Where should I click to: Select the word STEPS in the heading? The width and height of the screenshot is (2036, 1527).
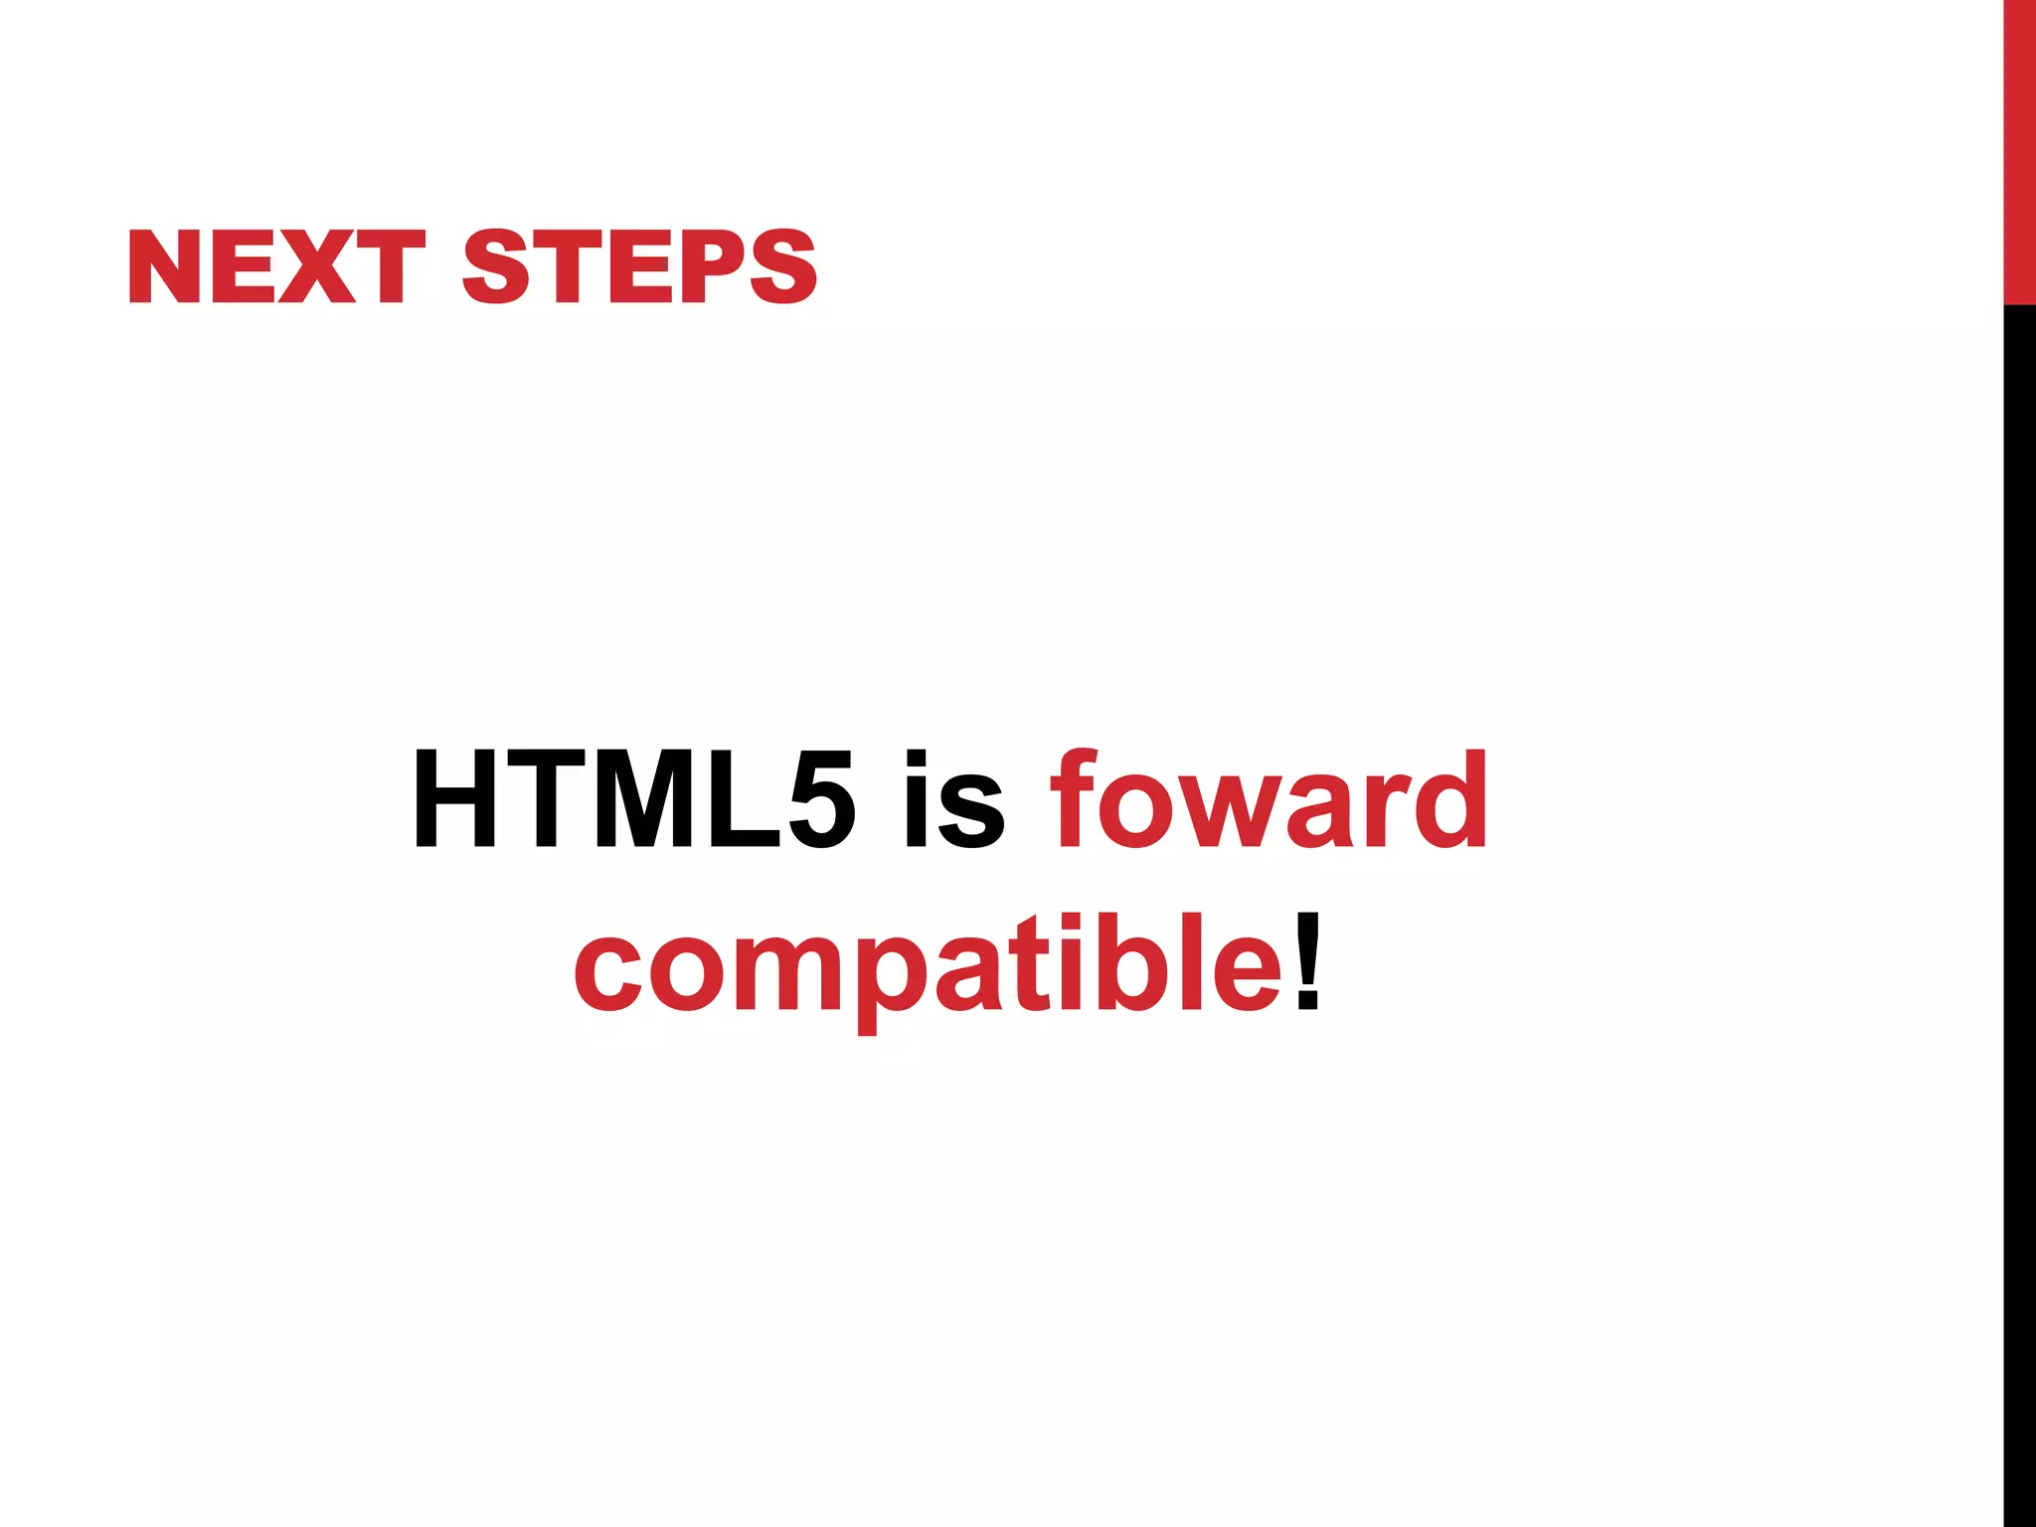point(639,266)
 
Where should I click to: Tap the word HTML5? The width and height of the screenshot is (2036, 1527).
point(633,800)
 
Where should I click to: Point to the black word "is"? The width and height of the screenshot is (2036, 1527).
point(954,800)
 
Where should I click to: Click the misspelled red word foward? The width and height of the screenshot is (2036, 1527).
point(1270,800)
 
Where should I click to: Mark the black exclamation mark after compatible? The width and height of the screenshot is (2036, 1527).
point(1308,959)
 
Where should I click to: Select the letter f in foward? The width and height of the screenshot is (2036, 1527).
point(1076,800)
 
